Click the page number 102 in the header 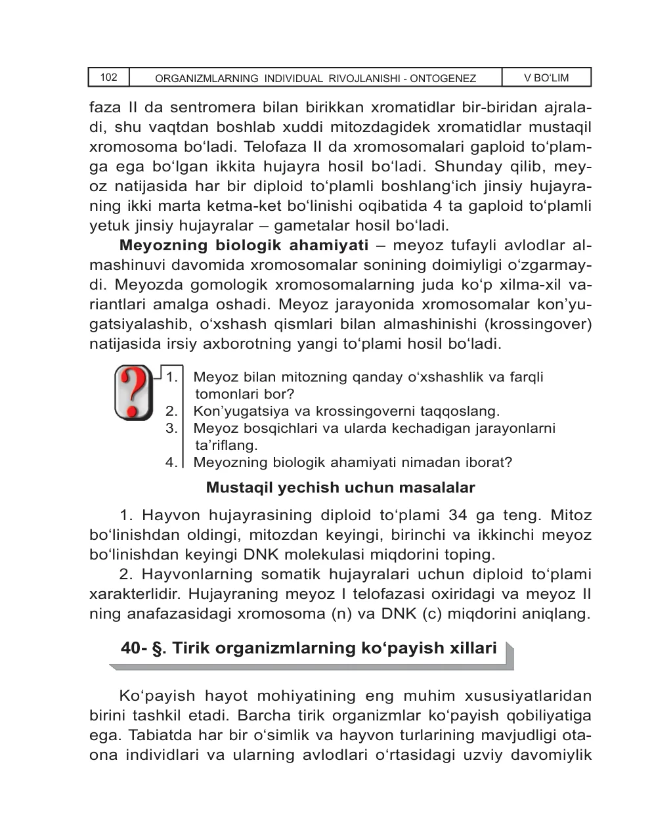(108, 77)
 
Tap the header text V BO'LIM (546, 77)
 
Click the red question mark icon (134, 393)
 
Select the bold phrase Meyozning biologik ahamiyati (244, 246)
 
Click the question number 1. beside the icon (172, 377)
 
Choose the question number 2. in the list (172, 411)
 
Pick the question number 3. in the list (172, 428)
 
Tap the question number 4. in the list (172, 462)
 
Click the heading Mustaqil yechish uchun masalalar (340, 488)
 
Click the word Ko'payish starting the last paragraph (157, 695)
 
